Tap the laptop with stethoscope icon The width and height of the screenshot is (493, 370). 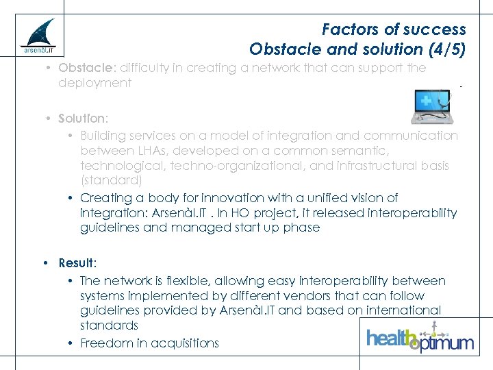(x=431, y=106)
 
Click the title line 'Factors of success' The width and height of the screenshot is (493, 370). (x=394, y=29)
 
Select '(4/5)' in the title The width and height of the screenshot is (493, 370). (x=444, y=49)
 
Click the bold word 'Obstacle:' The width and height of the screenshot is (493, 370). (x=88, y=68)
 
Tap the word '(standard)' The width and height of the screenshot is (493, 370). (x=111, y=180)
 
